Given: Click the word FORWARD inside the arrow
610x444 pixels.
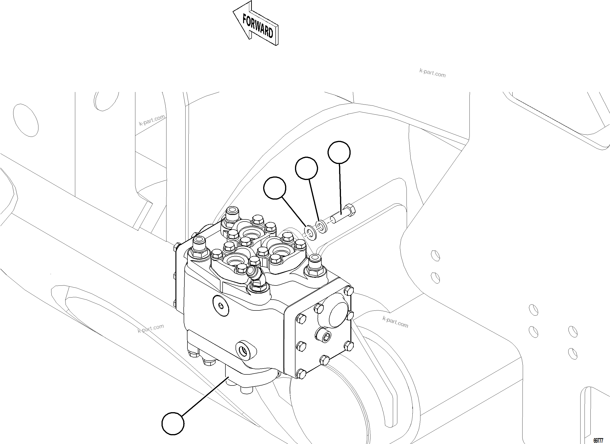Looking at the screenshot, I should pos(258,26).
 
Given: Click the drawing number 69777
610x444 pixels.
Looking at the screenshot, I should pos(598,441).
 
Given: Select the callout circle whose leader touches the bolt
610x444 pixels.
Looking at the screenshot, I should pos(339,152).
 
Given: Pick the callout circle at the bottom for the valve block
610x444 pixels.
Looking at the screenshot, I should pos(173,423).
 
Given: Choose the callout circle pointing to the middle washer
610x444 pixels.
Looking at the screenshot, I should pos(306,168).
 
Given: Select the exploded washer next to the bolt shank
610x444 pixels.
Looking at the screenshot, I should pos(322,226).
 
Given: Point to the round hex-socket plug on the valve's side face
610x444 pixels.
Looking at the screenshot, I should pos(221,305).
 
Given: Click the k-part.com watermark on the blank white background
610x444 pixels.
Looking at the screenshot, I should pos(432,73).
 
